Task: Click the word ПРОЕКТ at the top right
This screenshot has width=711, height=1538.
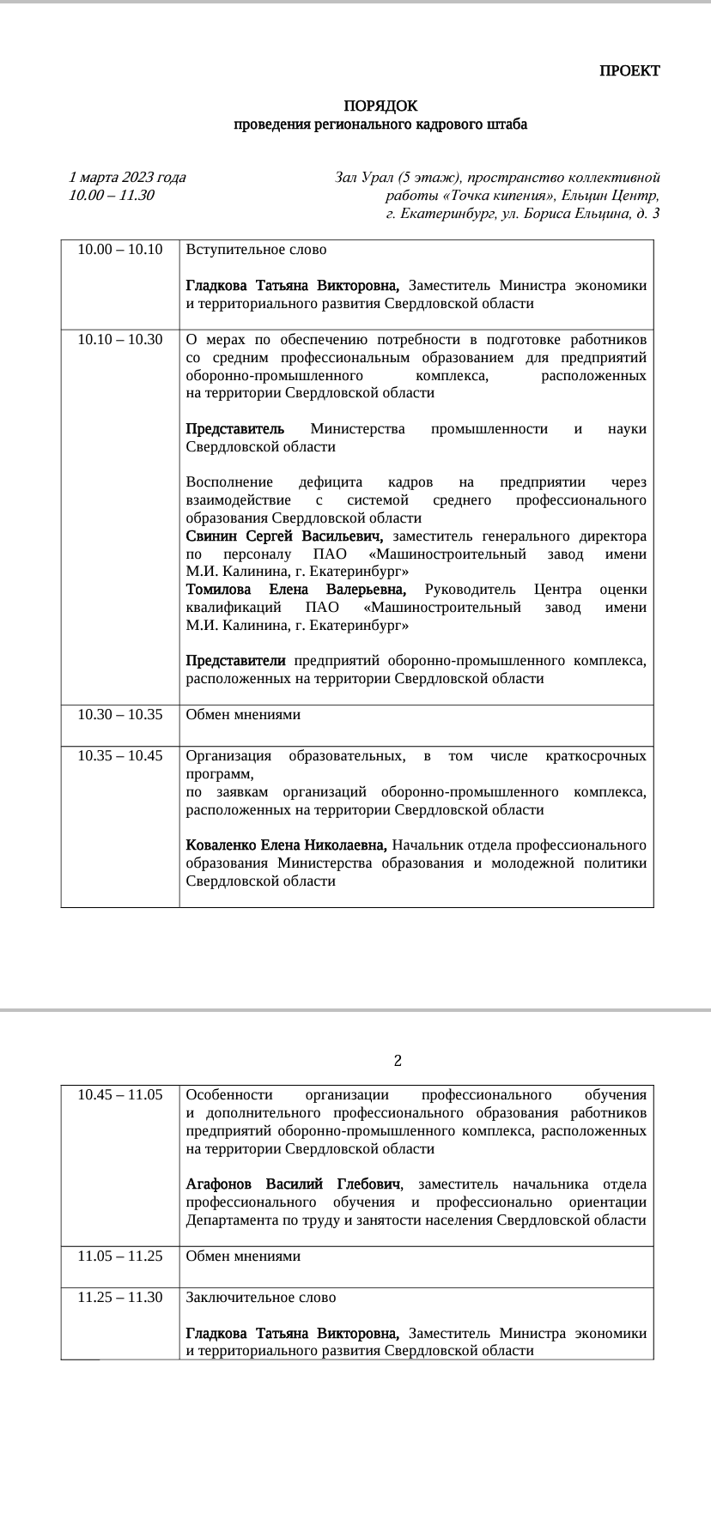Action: tap(629, 71)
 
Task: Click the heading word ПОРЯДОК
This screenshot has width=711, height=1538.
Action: tap(380, 106)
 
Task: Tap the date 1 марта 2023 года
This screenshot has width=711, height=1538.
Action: tap(127, 178)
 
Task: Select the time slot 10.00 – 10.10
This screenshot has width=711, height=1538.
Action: tap(119, 250)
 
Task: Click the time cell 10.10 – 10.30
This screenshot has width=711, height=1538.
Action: tap(119, 340)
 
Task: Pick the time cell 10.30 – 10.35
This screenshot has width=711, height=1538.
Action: tap(119, 715)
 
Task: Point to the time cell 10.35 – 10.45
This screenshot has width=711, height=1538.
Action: tap(119, 756)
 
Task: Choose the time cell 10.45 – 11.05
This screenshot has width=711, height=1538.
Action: tap(119, 1095)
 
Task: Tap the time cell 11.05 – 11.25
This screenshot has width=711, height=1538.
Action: tap(119, 1256)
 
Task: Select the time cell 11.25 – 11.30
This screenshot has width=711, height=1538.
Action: tap(119, 1298)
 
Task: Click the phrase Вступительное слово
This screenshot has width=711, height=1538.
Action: tap(256, 250)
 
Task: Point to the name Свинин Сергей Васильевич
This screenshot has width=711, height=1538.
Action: tap(283, 536)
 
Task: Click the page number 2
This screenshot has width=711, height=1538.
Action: tap(398, 1061)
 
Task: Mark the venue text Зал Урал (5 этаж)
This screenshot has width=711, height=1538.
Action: tap(398, 178)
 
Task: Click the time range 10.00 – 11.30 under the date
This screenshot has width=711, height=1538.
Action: tap(112, 195)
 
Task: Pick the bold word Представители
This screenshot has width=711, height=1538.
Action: tap(235, 661)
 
